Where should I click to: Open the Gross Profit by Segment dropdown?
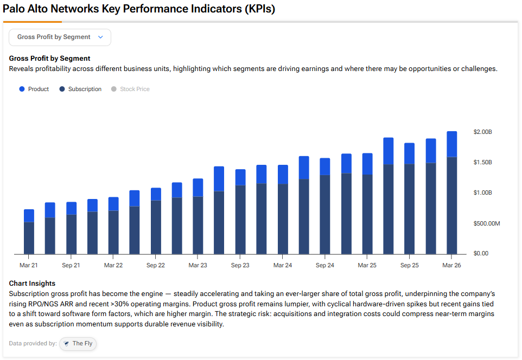click(x=60, y=37)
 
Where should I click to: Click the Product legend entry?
click(x=34, y=89)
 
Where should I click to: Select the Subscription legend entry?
click(x=80, y=89)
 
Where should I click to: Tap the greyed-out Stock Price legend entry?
click(x=130, y=89)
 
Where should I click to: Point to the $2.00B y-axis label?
click(x=482, y=132)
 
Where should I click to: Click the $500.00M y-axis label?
click(x=486, y=223)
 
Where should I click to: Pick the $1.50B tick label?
click(x=482, y=162)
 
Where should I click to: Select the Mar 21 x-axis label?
click(x=29, y=265)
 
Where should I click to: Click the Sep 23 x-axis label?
click(x=240, y=265)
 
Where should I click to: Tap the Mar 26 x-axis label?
click(x=451, y=265)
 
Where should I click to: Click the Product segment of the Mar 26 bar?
click(x=451, y=144)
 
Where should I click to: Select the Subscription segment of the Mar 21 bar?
click(x=29, y=238)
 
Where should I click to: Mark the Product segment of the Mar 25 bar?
click(x=367, y=164)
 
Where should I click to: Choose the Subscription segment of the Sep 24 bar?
click(x=325, y=215)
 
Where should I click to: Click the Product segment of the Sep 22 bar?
click(x=156, y=194)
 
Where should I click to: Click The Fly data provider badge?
click(x=78, y=344)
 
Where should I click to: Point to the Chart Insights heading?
click(x=32, y=284)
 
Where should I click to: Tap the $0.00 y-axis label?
click(x=481, y=254)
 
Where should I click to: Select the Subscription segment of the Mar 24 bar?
click(x=283, y=219)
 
